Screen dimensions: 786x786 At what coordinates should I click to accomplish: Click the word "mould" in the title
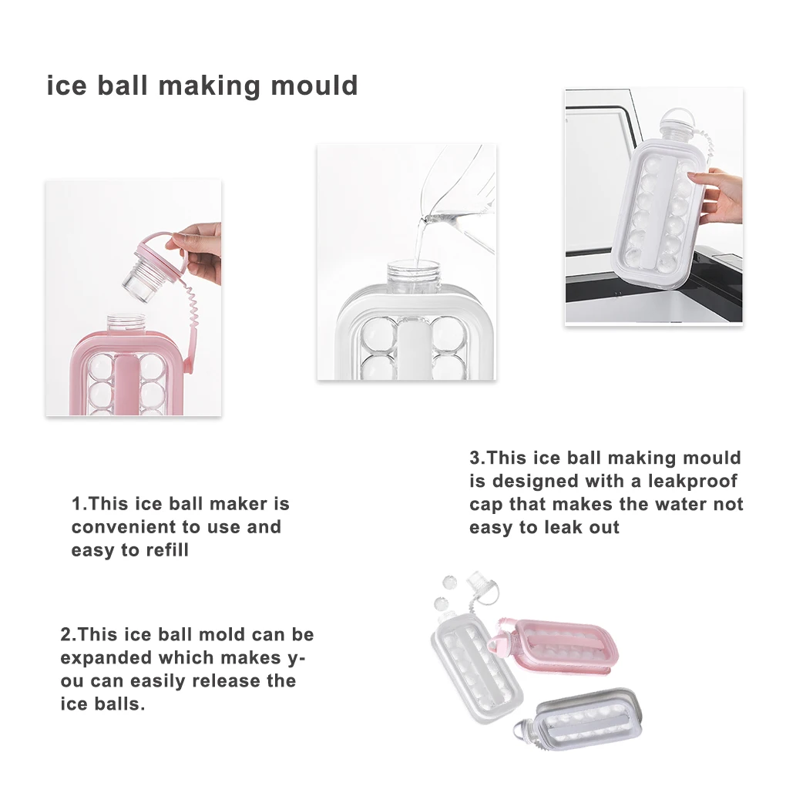(314, 85)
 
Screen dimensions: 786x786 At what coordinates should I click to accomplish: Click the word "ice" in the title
(66, 85)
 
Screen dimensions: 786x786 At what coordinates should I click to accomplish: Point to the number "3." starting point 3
(478, 458)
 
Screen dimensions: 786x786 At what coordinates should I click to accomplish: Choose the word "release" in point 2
(225, 681)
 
